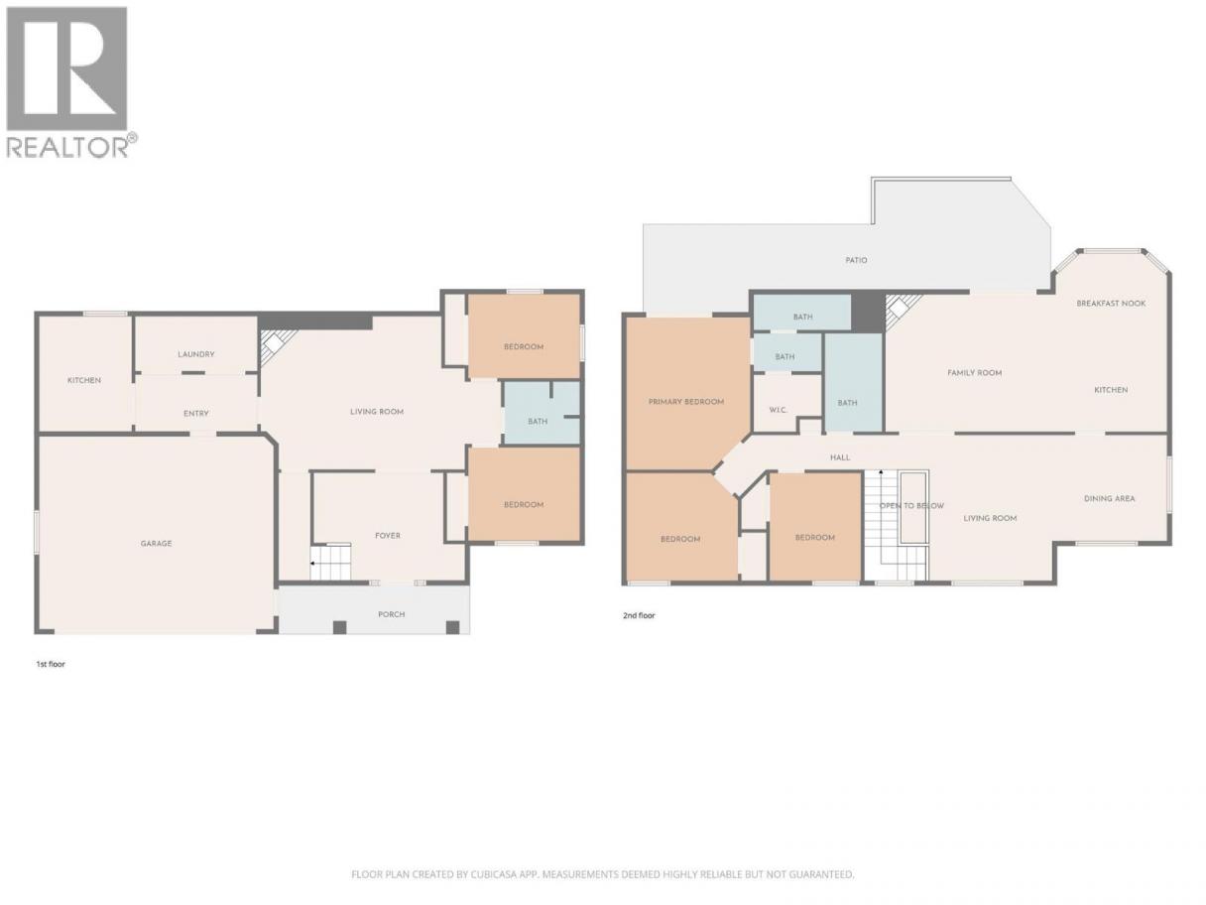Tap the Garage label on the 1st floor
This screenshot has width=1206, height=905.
[156, 544]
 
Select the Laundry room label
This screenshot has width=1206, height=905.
[196, 354]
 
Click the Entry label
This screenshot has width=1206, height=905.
[196, 414]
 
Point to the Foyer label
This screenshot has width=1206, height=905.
[388, 536]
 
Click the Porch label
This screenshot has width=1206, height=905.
[391, 614]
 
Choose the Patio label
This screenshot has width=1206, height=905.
[856, 260]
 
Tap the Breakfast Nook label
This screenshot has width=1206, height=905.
[1111, 304]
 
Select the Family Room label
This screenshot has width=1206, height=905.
[975, 373]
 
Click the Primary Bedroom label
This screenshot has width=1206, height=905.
[686, 402]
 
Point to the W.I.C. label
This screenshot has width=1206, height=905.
[778, 411]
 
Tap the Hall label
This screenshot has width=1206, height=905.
[840, 457]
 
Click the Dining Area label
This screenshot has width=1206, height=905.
[1109, 499]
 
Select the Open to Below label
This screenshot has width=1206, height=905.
[911, 506]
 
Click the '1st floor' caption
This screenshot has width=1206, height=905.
[51, 664]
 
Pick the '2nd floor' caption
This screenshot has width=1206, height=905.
[639, 616]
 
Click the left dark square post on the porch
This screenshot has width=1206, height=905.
[339, 627]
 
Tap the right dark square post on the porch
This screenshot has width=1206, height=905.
[452, 627]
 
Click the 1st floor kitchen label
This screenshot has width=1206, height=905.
[84, 381]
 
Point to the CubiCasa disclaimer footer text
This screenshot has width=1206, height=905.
[603, 874]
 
